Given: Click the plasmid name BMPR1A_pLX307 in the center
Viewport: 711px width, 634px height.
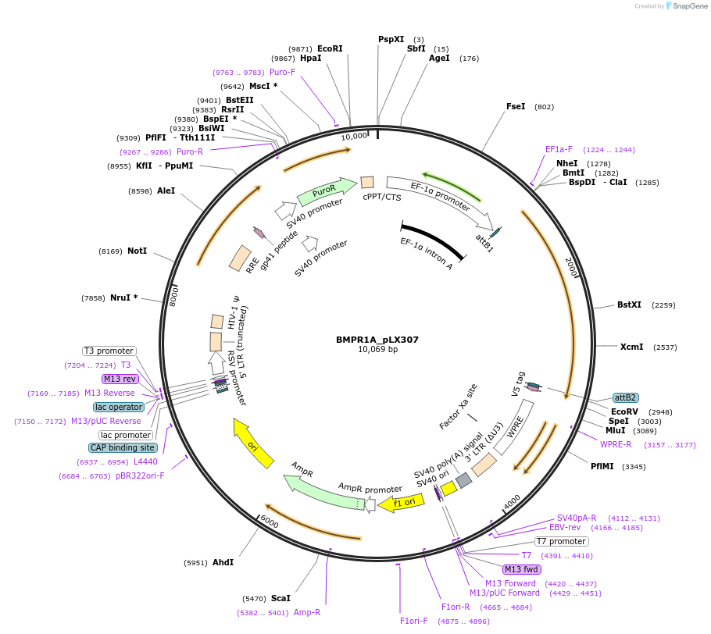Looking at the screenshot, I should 377,340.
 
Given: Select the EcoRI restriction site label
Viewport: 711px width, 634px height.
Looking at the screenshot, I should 330,48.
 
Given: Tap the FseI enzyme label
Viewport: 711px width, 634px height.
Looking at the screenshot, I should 516,106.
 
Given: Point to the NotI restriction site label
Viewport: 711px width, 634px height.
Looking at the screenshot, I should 137,251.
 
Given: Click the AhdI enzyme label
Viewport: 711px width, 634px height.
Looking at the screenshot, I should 223,562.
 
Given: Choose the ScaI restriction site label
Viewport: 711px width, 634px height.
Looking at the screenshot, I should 280,598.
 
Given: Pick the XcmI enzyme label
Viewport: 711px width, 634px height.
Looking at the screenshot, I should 631,347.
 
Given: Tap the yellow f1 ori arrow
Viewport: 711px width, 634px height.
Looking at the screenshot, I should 401,504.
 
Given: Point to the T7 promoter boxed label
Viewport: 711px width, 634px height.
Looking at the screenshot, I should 561,541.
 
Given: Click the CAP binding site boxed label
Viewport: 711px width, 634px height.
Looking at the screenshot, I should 123,448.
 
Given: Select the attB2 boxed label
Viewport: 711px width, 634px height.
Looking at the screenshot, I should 625,397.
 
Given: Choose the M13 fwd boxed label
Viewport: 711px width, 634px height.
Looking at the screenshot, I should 522,569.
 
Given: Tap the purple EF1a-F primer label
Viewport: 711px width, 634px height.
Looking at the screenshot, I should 559,149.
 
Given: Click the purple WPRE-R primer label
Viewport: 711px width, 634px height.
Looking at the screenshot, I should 616,444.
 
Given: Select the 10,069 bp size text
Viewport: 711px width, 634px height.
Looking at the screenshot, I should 377,350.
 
